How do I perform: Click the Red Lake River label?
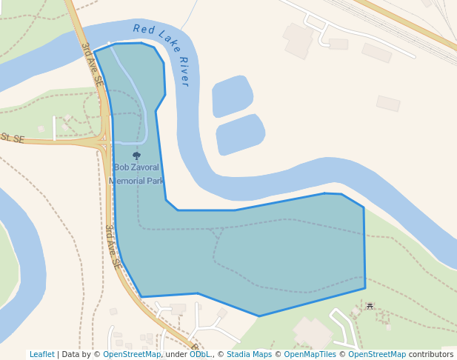pos(162,54)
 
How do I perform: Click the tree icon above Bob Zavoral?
pos(136,156)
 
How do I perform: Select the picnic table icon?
pos(370,306)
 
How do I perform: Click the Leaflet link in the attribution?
pos(41,354)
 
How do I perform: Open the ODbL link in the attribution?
pos(199,354)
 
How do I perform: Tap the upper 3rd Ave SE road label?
pos(92,65)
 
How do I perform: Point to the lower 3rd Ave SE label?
pos(113,246)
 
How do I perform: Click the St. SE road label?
pos(13,139)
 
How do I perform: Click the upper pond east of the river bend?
pos(232,96)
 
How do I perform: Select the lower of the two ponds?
pos(240,134)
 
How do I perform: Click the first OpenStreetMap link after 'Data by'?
pos(132,354)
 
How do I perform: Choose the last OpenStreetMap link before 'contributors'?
pos(377,354)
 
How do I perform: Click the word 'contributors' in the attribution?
pos(431,354)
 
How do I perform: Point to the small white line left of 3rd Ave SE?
pos(54,127)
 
